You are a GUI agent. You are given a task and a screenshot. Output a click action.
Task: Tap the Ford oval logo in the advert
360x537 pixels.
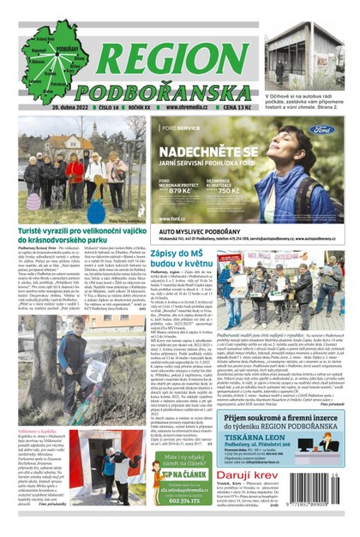point(324,130)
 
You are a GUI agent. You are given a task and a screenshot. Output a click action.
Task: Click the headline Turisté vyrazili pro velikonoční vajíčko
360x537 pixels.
point(75,234)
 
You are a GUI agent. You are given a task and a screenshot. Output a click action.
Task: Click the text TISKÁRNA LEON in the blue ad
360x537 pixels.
point(261,434)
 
